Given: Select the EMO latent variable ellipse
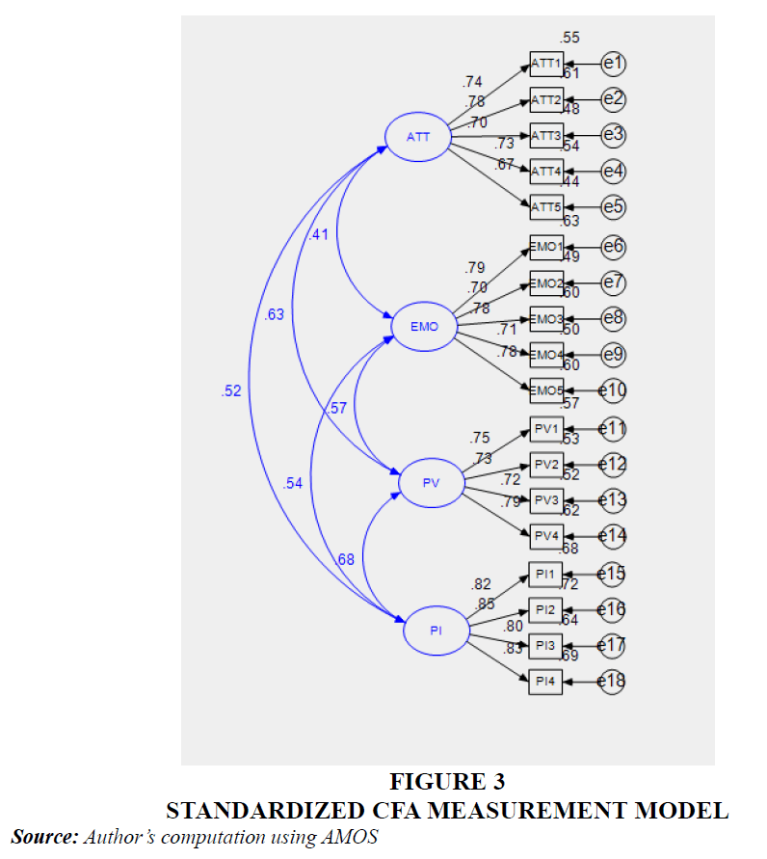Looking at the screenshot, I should click(424, 327).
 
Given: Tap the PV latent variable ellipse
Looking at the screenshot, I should click(431, 484).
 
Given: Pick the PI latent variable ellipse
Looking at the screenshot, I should click(436, 631).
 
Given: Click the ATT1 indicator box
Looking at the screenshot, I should click(546, 65).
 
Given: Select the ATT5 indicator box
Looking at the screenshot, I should click(546, 206).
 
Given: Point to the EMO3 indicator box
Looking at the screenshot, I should click(546, 319).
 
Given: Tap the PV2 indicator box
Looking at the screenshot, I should click(546, 465).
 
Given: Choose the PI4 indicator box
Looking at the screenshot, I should click(546, 682).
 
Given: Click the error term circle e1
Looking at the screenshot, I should click(614, 65).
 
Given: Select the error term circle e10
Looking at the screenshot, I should click(614, 389).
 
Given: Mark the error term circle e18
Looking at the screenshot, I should click(613, 682).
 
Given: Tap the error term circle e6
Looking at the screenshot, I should click(614, 247).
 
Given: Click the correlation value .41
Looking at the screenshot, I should click(319, 234).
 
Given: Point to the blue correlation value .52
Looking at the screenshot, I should click(231, 390).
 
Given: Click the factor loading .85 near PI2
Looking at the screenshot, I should click(486, 604).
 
